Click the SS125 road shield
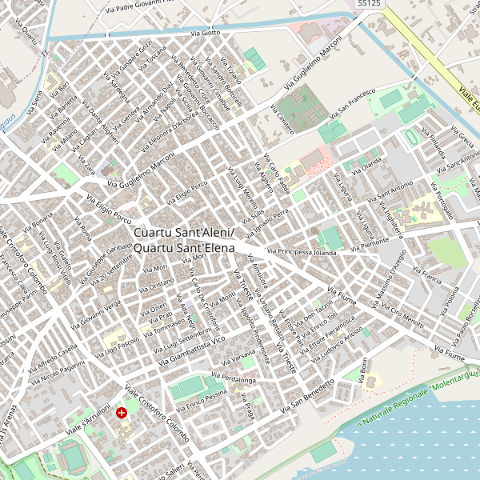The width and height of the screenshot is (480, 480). pos(368,4)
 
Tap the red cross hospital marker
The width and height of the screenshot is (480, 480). pos(122,413)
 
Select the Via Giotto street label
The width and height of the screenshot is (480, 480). pos(205,33)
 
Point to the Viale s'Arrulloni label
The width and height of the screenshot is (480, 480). pos(87,419)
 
